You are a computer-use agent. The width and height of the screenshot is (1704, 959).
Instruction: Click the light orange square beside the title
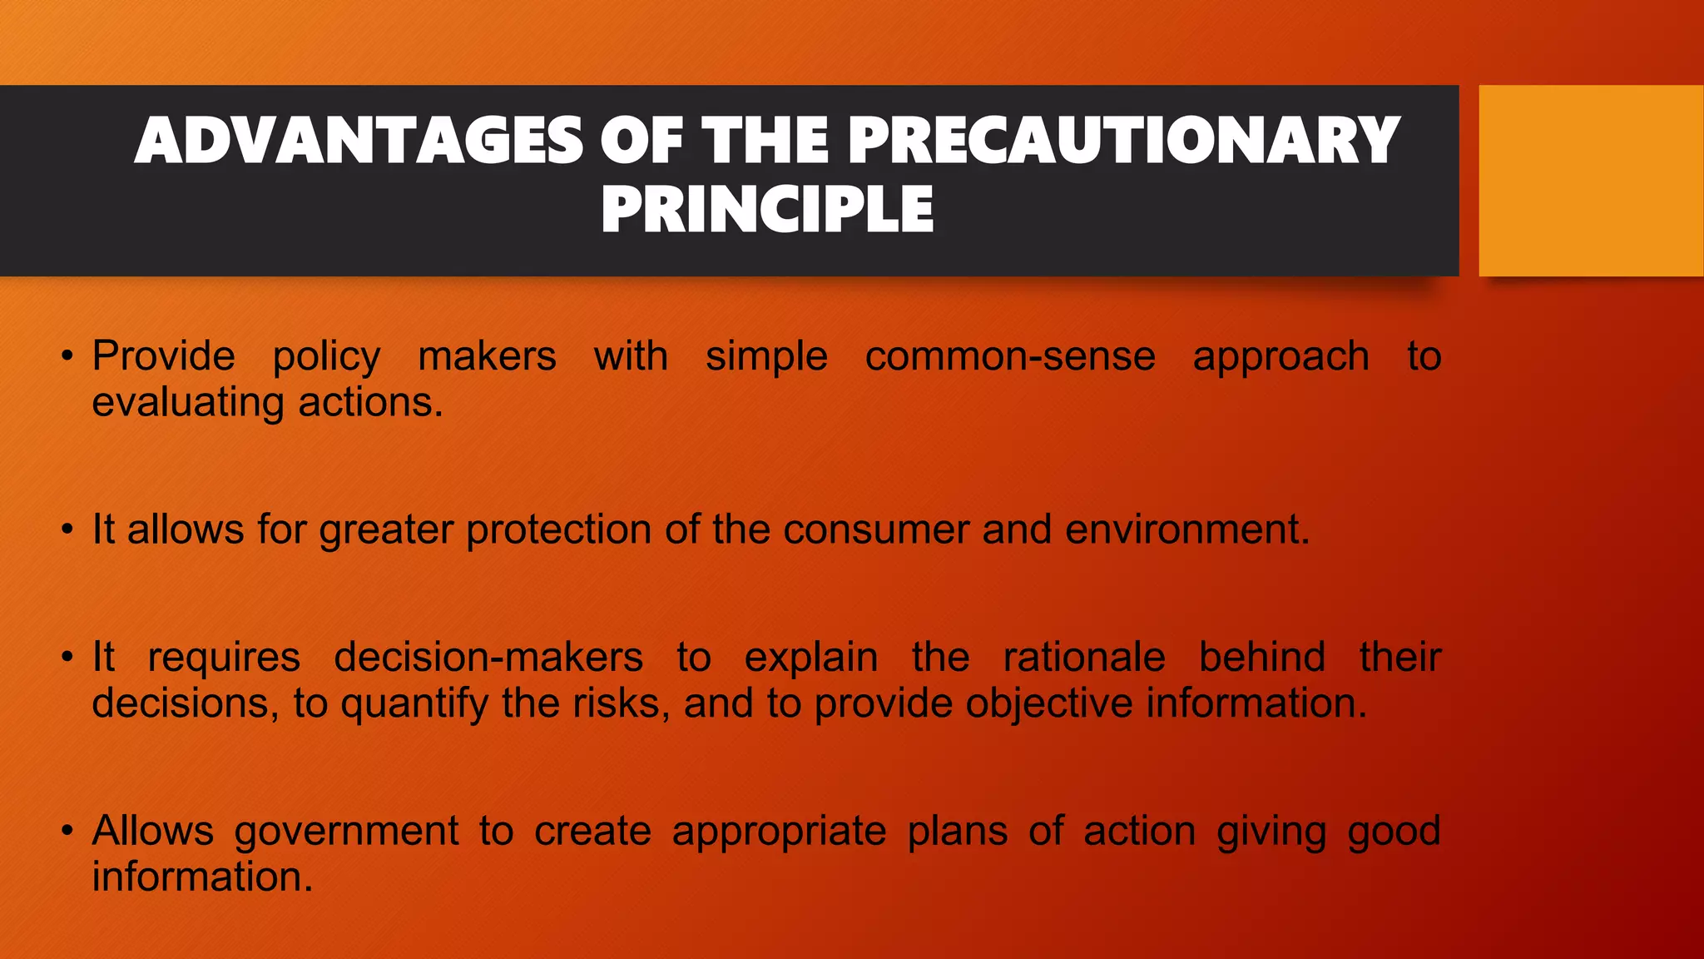[1590, 180]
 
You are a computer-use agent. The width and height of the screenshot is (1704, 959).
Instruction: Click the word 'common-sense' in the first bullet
[1010, 356]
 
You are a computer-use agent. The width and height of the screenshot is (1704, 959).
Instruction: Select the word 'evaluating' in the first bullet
[188, 403]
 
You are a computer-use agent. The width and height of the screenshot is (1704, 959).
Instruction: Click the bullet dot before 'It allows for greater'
[67, 531]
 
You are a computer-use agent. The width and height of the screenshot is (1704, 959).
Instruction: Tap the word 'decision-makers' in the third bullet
[488, 657]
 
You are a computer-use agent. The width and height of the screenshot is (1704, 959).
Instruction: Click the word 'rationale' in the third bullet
[1084, 657]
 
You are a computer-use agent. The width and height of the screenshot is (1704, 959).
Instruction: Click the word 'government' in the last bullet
[346, 832]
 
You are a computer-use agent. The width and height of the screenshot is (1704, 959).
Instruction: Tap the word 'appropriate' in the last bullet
[779, 832]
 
